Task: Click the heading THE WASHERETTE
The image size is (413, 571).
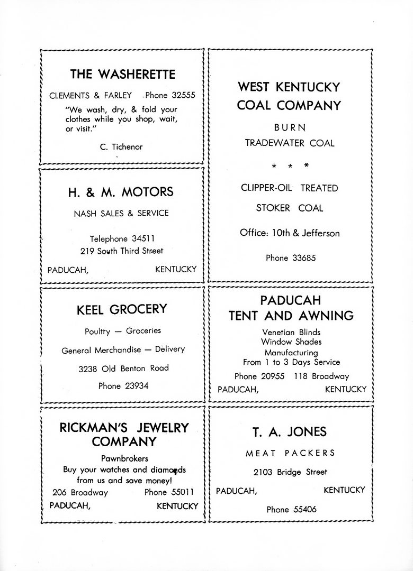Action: pos(122,74)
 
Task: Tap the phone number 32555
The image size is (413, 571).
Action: pos(183,96)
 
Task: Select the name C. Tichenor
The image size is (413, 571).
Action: pos(121,147)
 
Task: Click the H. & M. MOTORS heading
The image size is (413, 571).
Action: pos(121,192)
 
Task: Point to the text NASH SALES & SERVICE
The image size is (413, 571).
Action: pos(121,213)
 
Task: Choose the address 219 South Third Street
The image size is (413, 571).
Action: pos(122,251)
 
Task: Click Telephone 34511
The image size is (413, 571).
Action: pos(122,238)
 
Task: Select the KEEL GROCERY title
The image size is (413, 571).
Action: pos(122,309)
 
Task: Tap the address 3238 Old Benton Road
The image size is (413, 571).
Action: pos(123,367)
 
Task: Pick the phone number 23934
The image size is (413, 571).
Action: pos(136,386)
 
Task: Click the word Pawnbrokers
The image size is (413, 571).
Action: pos(124,458)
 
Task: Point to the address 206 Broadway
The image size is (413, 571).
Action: pos(80,492)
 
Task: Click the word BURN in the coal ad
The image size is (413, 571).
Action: pos(290,127)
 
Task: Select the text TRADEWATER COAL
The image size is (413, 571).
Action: pos(290,143)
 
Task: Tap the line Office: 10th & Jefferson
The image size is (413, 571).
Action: pos(290,233)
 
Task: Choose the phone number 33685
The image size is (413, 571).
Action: pos(302,258)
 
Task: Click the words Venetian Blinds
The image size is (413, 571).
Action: pos(291,332)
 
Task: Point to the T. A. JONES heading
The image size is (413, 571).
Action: pos(289,432)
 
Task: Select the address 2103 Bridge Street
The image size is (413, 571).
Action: pos(290,472)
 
